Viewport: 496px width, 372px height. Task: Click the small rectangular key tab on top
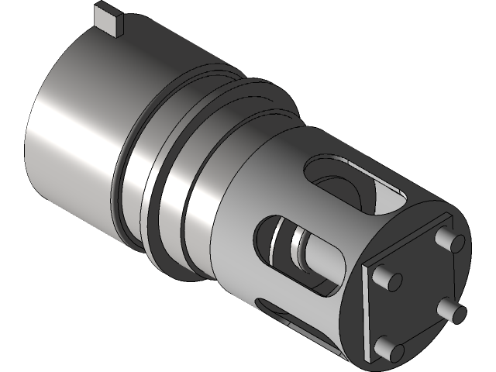click(108, 19)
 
